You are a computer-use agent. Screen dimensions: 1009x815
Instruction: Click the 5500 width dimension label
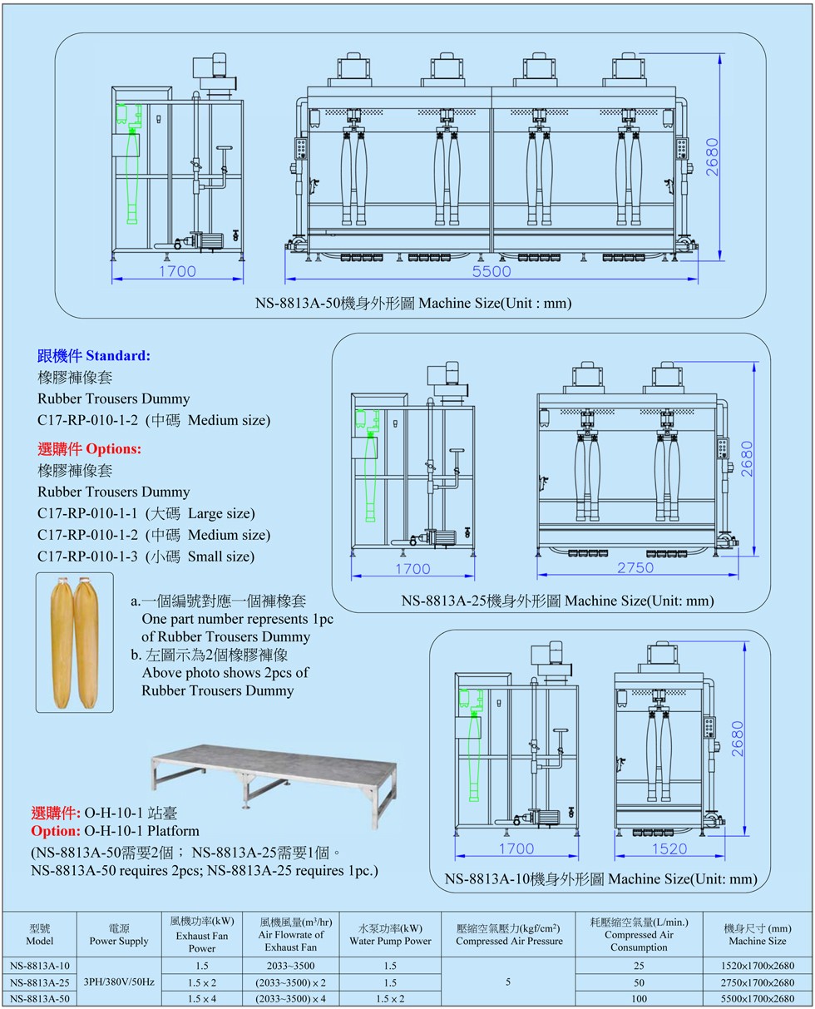[x=491, y=271]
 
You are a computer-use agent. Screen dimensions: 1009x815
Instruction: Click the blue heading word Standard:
[x=118, y=355]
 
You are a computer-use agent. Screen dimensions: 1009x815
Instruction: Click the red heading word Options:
[x=113, y=448]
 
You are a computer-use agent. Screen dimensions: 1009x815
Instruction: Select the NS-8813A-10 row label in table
[x=40, y=966]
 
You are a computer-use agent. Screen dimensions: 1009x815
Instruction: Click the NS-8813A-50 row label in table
[x=40, y=998]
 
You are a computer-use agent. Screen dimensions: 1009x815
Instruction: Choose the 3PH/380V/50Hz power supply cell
[x=120, y=982]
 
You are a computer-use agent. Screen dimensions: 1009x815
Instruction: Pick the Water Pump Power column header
[x=390, y=941]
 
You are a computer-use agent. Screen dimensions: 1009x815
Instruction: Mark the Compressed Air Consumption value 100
[x=638, y=998]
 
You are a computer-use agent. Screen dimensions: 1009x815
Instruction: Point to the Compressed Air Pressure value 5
[x=508, y=982]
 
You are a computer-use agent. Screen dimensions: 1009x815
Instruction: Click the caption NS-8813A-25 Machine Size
[x=557, y=600]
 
